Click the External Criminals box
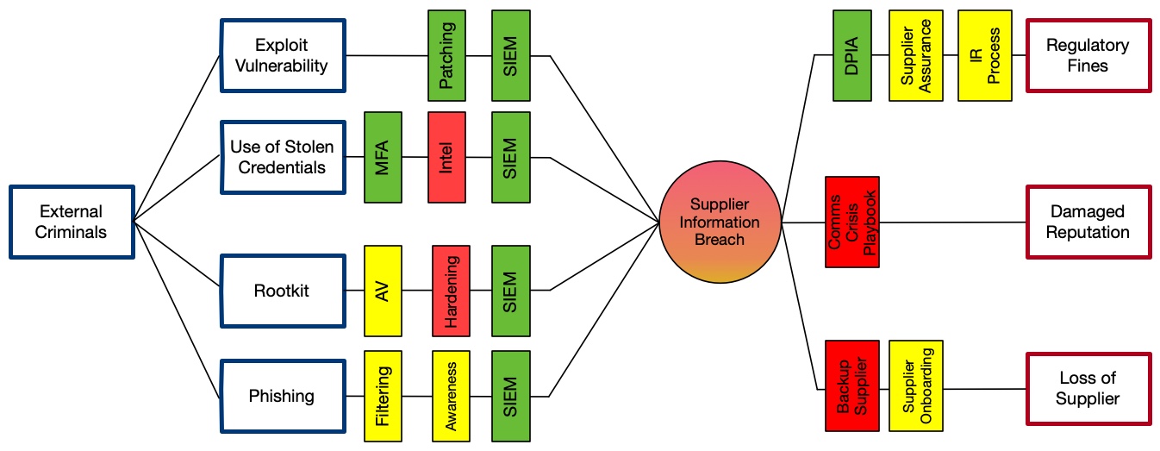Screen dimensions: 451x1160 (x=72, y=222)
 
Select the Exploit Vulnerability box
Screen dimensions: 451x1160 (x=281, y=55)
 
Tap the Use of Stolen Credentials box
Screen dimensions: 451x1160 (x=281, y=156)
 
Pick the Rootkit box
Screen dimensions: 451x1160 (x=281, y=291)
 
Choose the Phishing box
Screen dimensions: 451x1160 (x=281, y=396)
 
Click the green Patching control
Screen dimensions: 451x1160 (x=447, y=56)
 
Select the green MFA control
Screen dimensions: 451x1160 (x=384, y=157)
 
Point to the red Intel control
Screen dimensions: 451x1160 (x=447, y=157)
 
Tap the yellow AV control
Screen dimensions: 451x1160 (x=384, y=291)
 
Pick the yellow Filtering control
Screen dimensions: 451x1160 (x=384, y=396)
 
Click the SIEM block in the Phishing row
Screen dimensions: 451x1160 (x=511, y=396)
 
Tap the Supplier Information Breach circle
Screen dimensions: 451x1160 (x=720, y=222)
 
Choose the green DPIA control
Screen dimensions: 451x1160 (x=852, y=56)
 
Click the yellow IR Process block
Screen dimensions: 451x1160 (x=984, y=56)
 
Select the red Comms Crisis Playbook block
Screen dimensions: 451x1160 (x=851, y=222)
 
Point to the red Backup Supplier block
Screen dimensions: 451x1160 (x=851, y=385)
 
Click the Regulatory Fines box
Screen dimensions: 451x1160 (x=1088, y=55)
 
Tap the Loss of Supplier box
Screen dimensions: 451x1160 (x=1088, y=388)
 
